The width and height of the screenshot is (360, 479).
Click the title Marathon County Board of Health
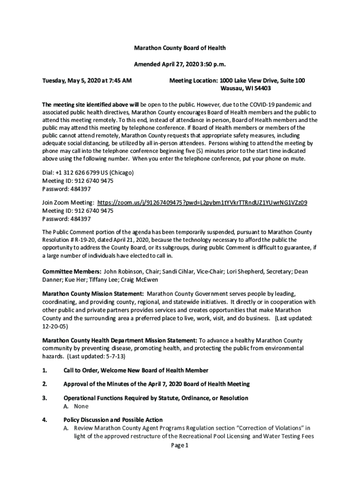point(180,48)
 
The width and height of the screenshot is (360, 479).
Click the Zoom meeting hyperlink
point(202,203)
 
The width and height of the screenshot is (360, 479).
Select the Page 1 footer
point(180,445)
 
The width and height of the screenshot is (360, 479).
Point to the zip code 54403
point(260,88)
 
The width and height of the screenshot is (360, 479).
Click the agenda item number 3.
point(45,398)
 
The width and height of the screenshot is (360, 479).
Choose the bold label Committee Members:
point(72,271)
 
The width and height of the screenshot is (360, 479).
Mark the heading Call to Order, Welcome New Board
point(136,370)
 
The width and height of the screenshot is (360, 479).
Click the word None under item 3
point(81,406)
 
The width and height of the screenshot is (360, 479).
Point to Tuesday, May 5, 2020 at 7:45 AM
point(87,80)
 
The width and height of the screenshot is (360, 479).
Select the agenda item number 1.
point(45,370)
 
